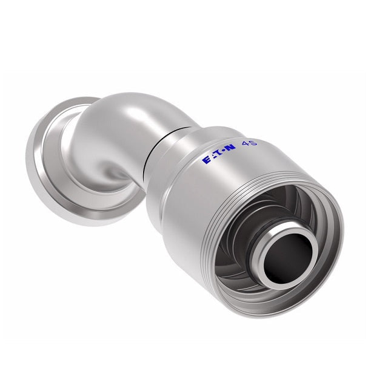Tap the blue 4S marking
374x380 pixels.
tap(249, 144)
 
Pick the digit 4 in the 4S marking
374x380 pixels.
tap(245, 145)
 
